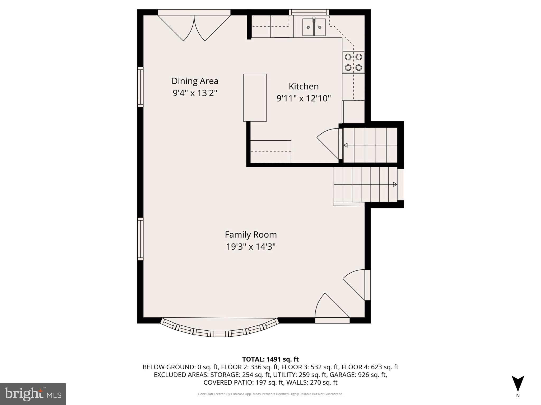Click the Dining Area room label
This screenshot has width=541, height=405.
coord(195,81)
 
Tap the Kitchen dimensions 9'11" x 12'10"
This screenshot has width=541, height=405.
coord(304,98)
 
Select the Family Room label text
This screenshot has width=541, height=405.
coord(251,235)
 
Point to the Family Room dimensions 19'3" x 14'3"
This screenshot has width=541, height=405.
coord(251,247)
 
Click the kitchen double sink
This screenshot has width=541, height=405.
coord(314,27)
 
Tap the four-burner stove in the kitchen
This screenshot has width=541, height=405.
coord(353,62)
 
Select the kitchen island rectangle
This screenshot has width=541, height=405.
coord(255,98)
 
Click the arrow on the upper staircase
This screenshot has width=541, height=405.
coord(346,145)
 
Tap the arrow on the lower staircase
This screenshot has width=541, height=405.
coord(395,184)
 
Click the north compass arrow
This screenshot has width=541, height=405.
coord(518,384)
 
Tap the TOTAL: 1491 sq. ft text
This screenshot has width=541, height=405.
coord(270,359)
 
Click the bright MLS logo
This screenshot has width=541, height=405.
coord(33,394)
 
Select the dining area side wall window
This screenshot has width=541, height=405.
coord(140,87)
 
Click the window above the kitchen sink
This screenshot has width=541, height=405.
coord(309,12)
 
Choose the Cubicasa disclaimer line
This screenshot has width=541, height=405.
coord(270,394)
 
